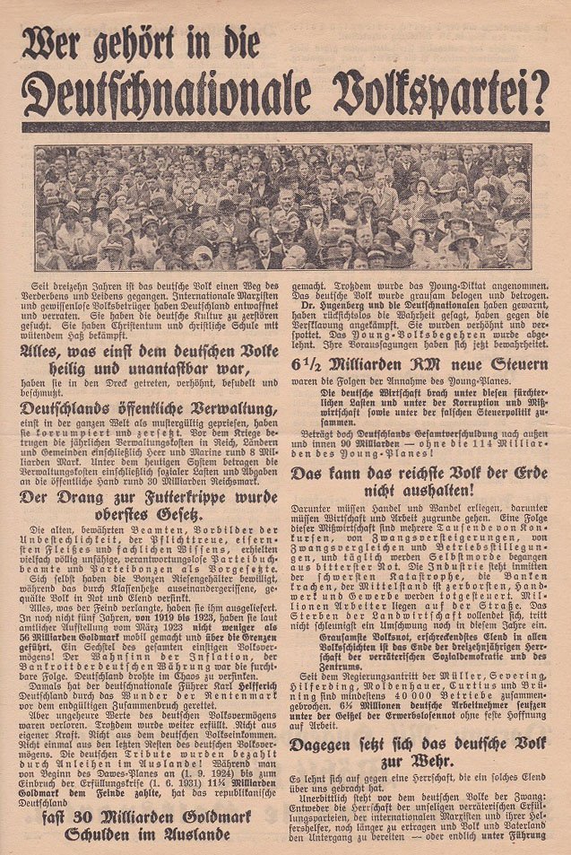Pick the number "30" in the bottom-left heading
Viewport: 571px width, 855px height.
(88, 815)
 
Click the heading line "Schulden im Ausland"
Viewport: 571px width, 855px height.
(147, 833)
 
